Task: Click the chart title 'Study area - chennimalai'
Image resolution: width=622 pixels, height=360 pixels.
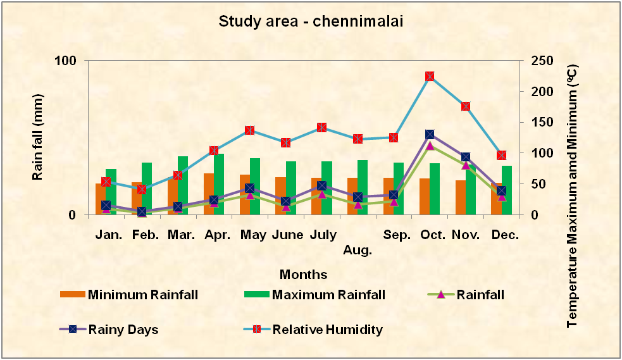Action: (311, 21)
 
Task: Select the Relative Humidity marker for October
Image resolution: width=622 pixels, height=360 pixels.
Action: (430, 77)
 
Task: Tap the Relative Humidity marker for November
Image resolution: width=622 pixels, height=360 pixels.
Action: (466, 106)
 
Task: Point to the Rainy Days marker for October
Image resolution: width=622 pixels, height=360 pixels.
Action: (430, 135)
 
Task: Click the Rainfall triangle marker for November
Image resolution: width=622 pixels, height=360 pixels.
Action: (466, 165)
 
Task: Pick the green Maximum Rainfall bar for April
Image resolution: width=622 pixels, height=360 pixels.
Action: (219, 184)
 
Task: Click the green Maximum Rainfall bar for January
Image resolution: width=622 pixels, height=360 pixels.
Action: (111, 191)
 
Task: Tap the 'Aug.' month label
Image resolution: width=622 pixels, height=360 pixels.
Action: (358, 250)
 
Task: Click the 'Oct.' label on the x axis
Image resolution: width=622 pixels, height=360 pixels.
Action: (433, 235)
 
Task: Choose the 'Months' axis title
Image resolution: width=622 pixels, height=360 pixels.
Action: (304, 275)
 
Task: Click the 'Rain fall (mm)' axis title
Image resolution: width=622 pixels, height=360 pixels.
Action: (37, 137)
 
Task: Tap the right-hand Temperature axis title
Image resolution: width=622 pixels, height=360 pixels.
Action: (573, 196)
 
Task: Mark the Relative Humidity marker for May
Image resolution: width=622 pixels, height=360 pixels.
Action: (250, 130)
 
